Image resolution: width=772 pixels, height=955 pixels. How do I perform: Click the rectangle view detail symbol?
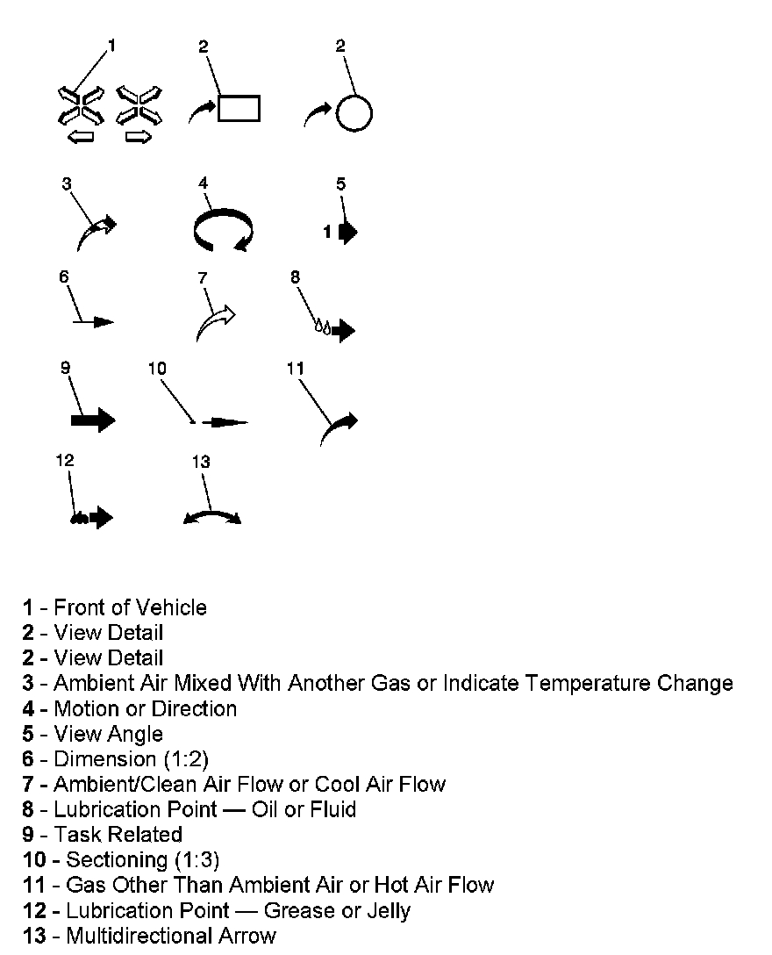[x=239, y=108]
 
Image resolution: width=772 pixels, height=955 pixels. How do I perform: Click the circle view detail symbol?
[x=354, y=113]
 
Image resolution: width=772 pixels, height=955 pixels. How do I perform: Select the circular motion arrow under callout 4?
[x=223, y=230]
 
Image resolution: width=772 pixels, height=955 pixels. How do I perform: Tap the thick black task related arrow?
[x=93, y=420]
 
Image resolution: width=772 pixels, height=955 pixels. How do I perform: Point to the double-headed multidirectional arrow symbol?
[x=211, y=518]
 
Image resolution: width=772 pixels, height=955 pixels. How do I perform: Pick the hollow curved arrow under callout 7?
[x=216, y=321]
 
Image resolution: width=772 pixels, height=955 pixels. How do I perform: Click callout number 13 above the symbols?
[x=201, y=461]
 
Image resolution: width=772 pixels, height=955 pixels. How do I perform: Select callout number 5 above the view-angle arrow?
[x=341, y=183]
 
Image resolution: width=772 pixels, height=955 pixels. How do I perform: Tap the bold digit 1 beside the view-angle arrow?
[x=327, y=233]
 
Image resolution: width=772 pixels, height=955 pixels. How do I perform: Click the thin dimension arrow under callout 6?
[x=94, y=322]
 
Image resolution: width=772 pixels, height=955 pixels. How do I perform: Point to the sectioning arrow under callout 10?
[x=224, y=422]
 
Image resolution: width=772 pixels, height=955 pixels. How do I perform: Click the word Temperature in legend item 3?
[x=606, y=683]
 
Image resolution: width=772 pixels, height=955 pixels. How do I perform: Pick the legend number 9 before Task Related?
[x=28, y=834]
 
